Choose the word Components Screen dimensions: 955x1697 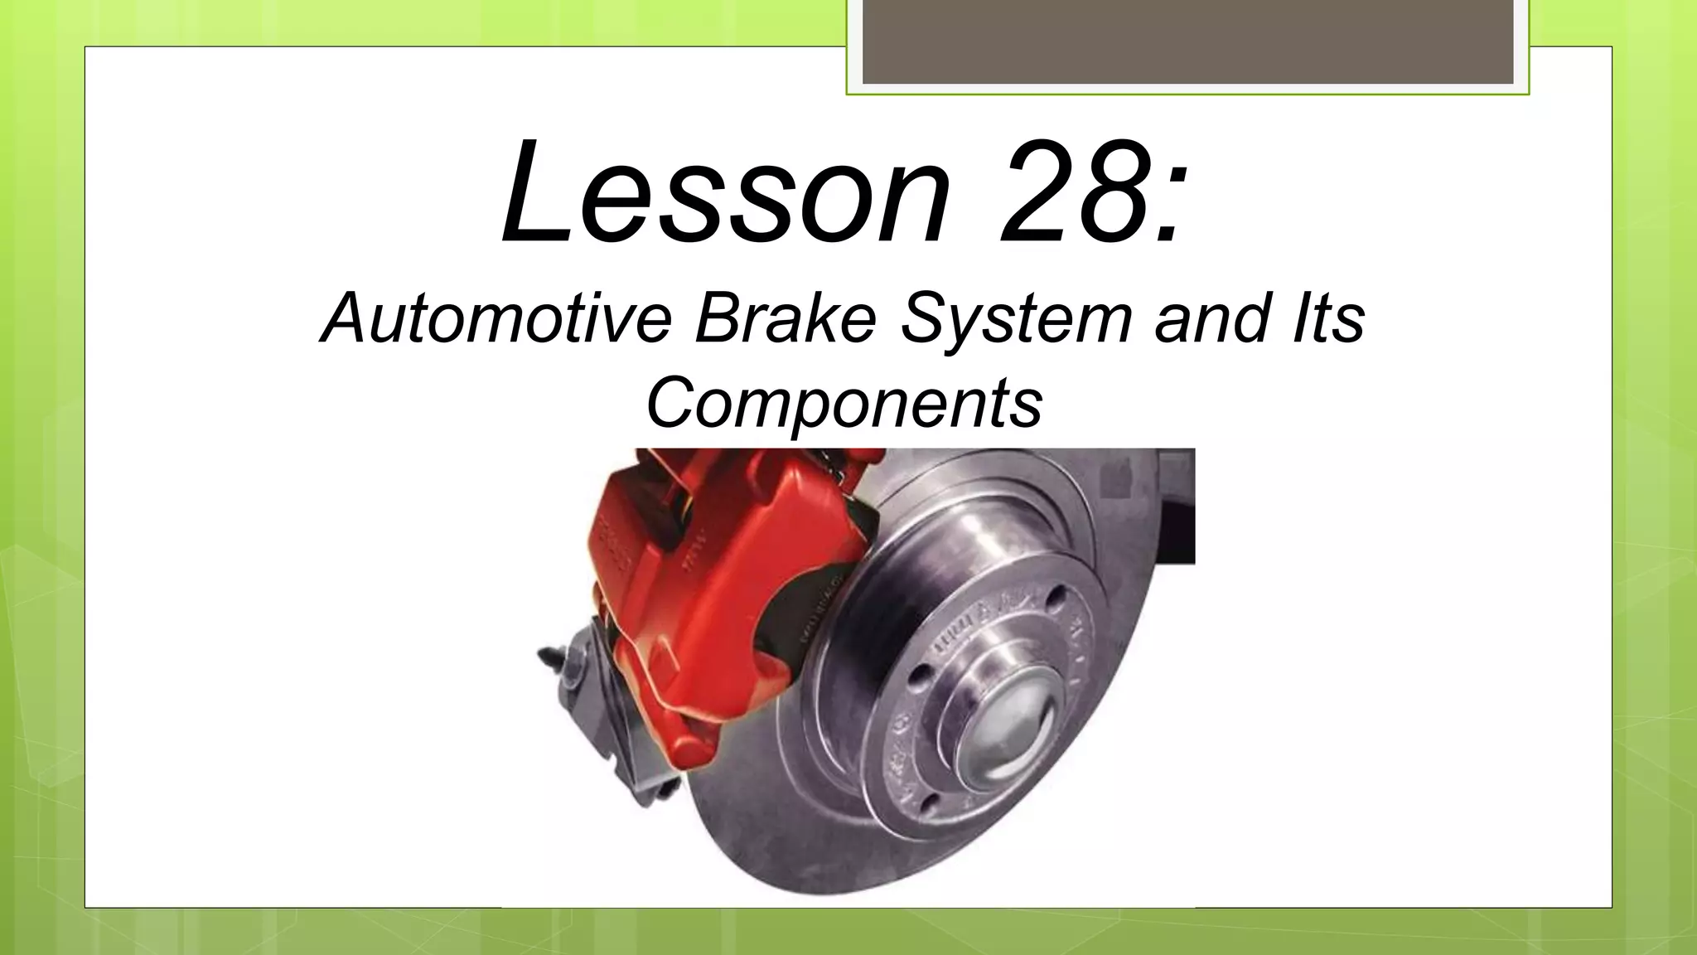[844, 405]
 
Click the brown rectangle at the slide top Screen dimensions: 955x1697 [1188, 41]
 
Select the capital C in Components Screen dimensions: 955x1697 [670, 403]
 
